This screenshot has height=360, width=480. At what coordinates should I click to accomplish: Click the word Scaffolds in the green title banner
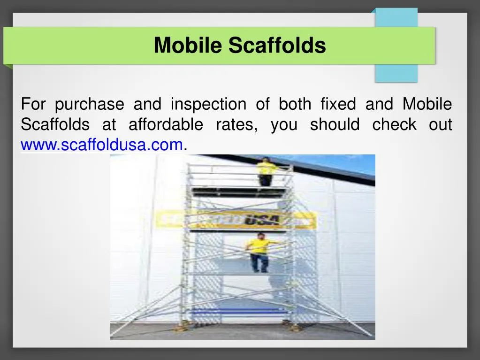click(x=277, y=46)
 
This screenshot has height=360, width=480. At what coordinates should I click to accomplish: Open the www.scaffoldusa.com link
click(x=101, y=146)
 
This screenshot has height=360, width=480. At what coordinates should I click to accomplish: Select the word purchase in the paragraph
click(x=89, y=104)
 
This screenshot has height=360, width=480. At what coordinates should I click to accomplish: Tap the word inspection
click(x=208, y=104)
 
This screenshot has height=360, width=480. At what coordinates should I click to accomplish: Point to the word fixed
click(x=338, y=104)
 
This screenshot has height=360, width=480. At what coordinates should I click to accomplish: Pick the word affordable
click(x=166, y=125)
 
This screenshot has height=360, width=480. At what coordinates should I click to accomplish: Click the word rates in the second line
click(x=236, y=125)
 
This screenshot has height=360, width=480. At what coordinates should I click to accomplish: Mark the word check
click(x=394, y=125)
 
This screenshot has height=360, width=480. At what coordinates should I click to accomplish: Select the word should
click(x=335, y=125)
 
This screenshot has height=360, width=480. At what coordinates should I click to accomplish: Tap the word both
click(x=295, y=104)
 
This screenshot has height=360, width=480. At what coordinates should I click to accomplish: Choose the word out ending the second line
click(x=440, y=125)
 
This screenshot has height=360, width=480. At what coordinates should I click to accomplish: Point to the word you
click(x=283, y=125)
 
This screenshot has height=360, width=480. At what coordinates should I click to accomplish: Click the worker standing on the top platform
click(x=266, y=171)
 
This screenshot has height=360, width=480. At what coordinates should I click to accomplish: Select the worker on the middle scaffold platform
click(x=259, y=251)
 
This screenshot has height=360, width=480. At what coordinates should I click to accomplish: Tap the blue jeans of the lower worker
click(x=259, y=262)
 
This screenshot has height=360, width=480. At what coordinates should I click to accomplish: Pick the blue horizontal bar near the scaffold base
click(x=239, y=311)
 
